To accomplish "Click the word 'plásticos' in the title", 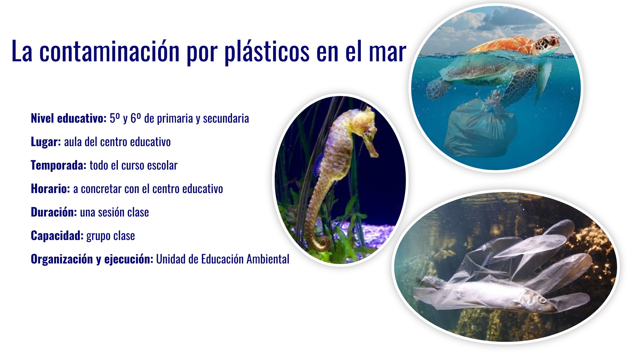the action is pyautogui.click(x=267, y=52).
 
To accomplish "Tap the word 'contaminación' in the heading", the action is pyautogui.click(x=109, y=51).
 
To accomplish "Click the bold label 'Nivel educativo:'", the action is pyautogui.click(x=69, y=118).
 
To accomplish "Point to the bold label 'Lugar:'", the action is pyautogui.click(x=46, y=142).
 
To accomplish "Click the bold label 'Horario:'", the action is pyautogui.click(x=50, y=189).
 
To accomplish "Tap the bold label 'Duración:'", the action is pyautogui.click(x=54, y=212).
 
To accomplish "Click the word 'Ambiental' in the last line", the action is pyautogui.click(x=268, y=259).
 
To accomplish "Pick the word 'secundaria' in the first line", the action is pyautogui.click(x=226, y=118).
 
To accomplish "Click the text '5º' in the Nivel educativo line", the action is pyautogui.click(x=115, y=118).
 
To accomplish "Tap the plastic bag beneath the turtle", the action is pyautogui.click(x=480, y=128).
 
